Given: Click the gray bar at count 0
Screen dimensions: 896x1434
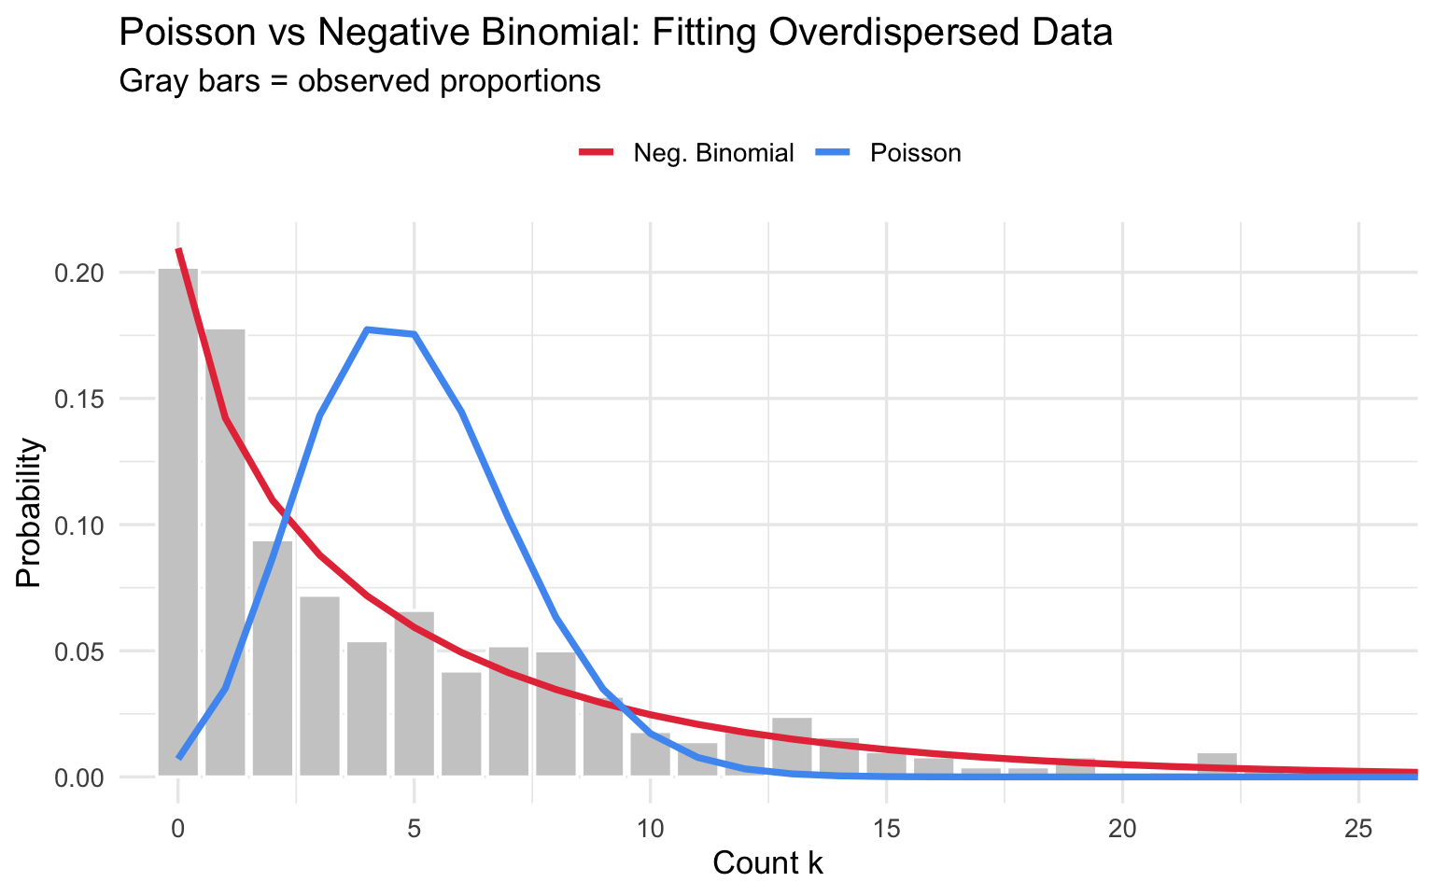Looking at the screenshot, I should [x=177, y=523].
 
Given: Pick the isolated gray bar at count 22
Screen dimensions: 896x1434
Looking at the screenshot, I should [x=1216, y=764].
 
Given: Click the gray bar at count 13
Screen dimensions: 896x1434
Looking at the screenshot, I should [x=792, y=747].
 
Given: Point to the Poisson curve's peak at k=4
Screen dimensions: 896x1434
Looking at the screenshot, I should [x=367, y=329].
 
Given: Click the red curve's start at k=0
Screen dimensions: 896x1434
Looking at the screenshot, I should [x=178, y=250].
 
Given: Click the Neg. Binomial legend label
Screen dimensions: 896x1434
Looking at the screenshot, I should [x=713, y=153].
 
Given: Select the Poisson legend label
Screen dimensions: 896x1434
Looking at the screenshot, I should [x=915, y=153].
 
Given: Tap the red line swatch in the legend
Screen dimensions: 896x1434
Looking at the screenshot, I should [x=597, y=153].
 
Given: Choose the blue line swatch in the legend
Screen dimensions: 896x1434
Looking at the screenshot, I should [x=834, y=153].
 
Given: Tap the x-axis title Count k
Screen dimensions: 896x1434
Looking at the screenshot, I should [x=767, y=863].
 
